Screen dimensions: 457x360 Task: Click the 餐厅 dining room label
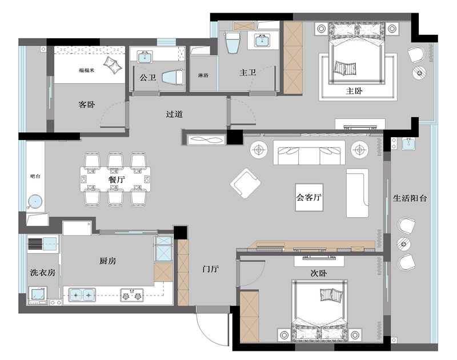pos(117,179)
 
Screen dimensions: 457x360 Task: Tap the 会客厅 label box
pos(309,197)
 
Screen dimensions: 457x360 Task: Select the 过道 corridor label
pos(174,114)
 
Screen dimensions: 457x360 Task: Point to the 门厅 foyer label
pos(210,269)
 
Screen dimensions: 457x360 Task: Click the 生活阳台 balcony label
pos(410,198)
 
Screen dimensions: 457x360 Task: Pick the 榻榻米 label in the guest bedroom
pos(87,70)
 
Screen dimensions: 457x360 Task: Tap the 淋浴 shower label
pos(203,75)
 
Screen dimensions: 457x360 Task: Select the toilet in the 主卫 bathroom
pos(232,42)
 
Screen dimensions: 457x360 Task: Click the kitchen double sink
pos(82,295)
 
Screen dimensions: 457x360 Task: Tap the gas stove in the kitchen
pos(132,295)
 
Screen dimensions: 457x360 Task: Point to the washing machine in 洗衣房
pos(38,294)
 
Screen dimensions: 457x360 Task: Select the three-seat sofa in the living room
pos(309,153)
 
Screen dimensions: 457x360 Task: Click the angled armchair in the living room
pos(246,183)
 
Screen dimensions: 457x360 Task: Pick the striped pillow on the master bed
pos(345,67)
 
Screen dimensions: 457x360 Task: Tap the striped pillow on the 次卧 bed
pos(331,295)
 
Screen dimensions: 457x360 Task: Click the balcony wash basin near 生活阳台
pos(408,144)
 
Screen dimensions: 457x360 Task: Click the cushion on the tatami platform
pos(113,65)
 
